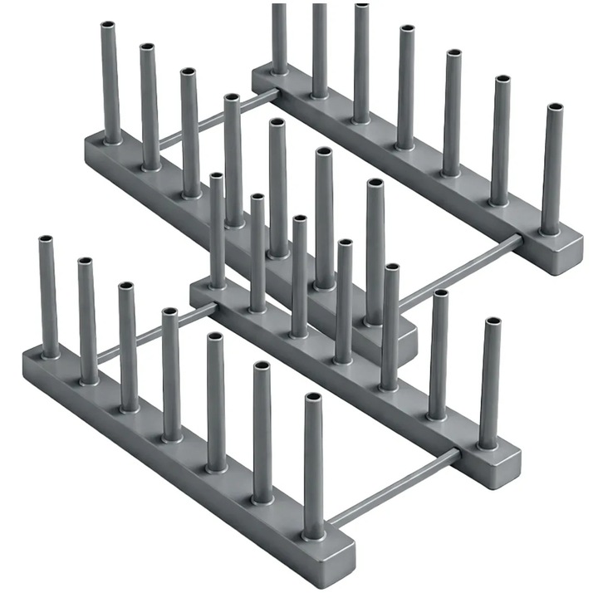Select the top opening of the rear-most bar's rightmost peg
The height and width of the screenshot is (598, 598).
[554, 107]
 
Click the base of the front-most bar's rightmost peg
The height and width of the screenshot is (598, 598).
[314, 532]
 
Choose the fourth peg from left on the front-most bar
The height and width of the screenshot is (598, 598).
[171, 374]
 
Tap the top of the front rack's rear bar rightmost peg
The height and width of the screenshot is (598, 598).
[493, 321]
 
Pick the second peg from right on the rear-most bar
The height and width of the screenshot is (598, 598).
[500, 141]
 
